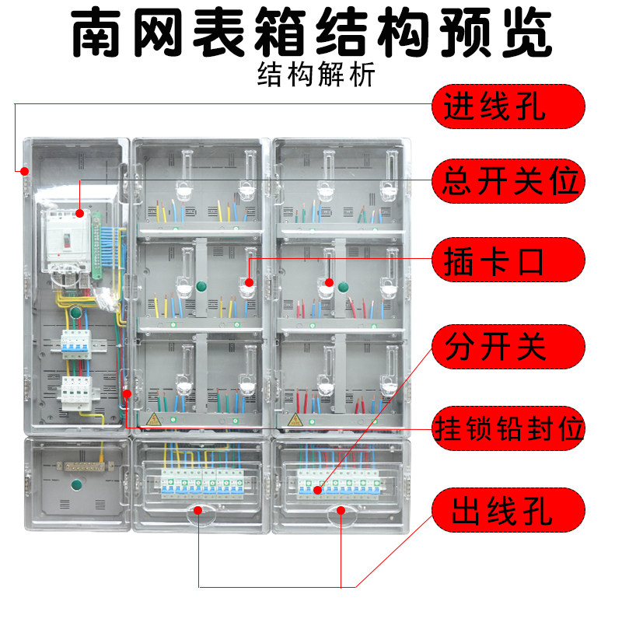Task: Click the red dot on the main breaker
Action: tap(82, 211)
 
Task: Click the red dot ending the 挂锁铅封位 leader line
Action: tap(125, 395)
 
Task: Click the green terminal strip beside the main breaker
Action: tap(96, 243)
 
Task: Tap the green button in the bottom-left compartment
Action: tap(76, 487)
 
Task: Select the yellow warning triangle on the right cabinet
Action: tap(295, 421)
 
